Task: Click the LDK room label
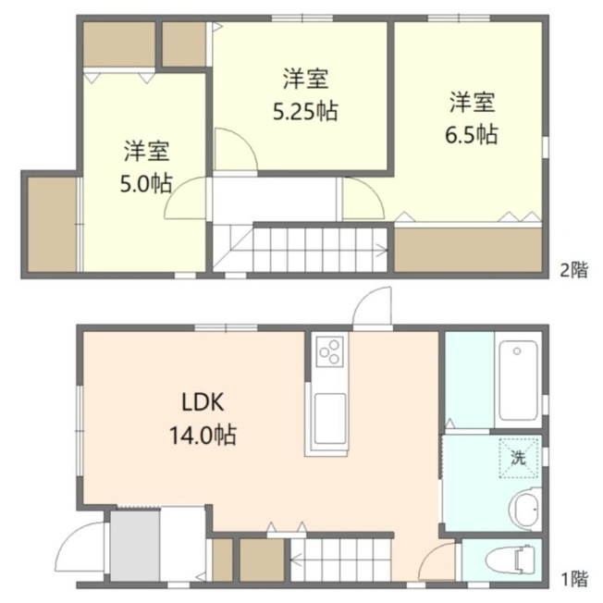(x=203, y=402)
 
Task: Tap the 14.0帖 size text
(x=203, y=435)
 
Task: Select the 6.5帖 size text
(x=472, y=134)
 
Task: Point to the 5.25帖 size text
(x=305, y=111)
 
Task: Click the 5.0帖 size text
(x=146, y=183)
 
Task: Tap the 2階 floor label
(x=573, y=269)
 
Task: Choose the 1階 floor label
(x=574, y=578)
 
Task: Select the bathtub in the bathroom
(x=518, y=380)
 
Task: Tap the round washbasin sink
(x=525, y=509)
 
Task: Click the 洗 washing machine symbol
(x=519, y=458)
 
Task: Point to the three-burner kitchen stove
(x=329, y=351)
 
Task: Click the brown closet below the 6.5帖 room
(x=468, y=250)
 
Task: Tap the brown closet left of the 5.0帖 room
(x=53, y=224)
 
